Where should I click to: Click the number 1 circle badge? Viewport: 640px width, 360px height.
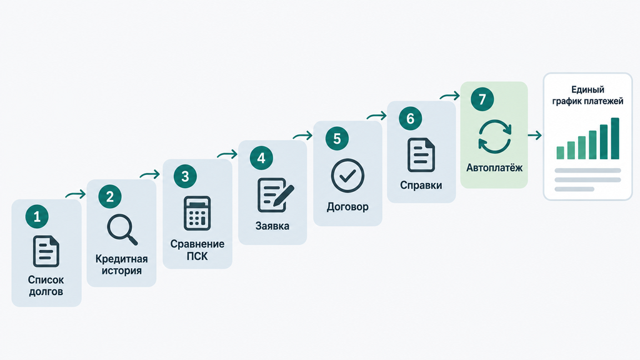coord(37,216)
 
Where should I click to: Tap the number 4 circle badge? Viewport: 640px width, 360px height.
coord(261,158)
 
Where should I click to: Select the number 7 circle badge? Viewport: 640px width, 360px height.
coord(482,99)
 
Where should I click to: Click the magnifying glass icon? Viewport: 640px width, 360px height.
coord(122,229)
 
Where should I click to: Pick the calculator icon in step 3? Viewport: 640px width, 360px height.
coord(197,213)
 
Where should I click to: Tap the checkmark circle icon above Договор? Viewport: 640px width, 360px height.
coord(347,176)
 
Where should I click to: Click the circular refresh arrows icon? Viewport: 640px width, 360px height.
coord(495,136)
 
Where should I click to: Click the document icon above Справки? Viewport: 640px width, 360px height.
coord(421,155)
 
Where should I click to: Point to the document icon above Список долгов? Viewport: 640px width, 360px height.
coord(46,251)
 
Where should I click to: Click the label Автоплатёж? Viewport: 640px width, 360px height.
coord(494,167)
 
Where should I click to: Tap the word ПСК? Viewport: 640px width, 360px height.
coord(197,256)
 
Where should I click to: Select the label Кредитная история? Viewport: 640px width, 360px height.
coord(122,264)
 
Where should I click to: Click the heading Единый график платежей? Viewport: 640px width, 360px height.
coord(587,95)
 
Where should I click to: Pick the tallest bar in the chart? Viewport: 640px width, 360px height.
coord(615,138)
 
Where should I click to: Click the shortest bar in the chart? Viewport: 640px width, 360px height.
coord(561,152)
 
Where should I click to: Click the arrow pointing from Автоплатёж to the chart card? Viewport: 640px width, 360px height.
coord(535,135)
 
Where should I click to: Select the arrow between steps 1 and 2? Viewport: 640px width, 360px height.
coord(76,194)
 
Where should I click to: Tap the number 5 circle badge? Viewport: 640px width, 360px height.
coord(337,138)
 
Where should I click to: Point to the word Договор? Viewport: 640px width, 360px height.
coord(347,207)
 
